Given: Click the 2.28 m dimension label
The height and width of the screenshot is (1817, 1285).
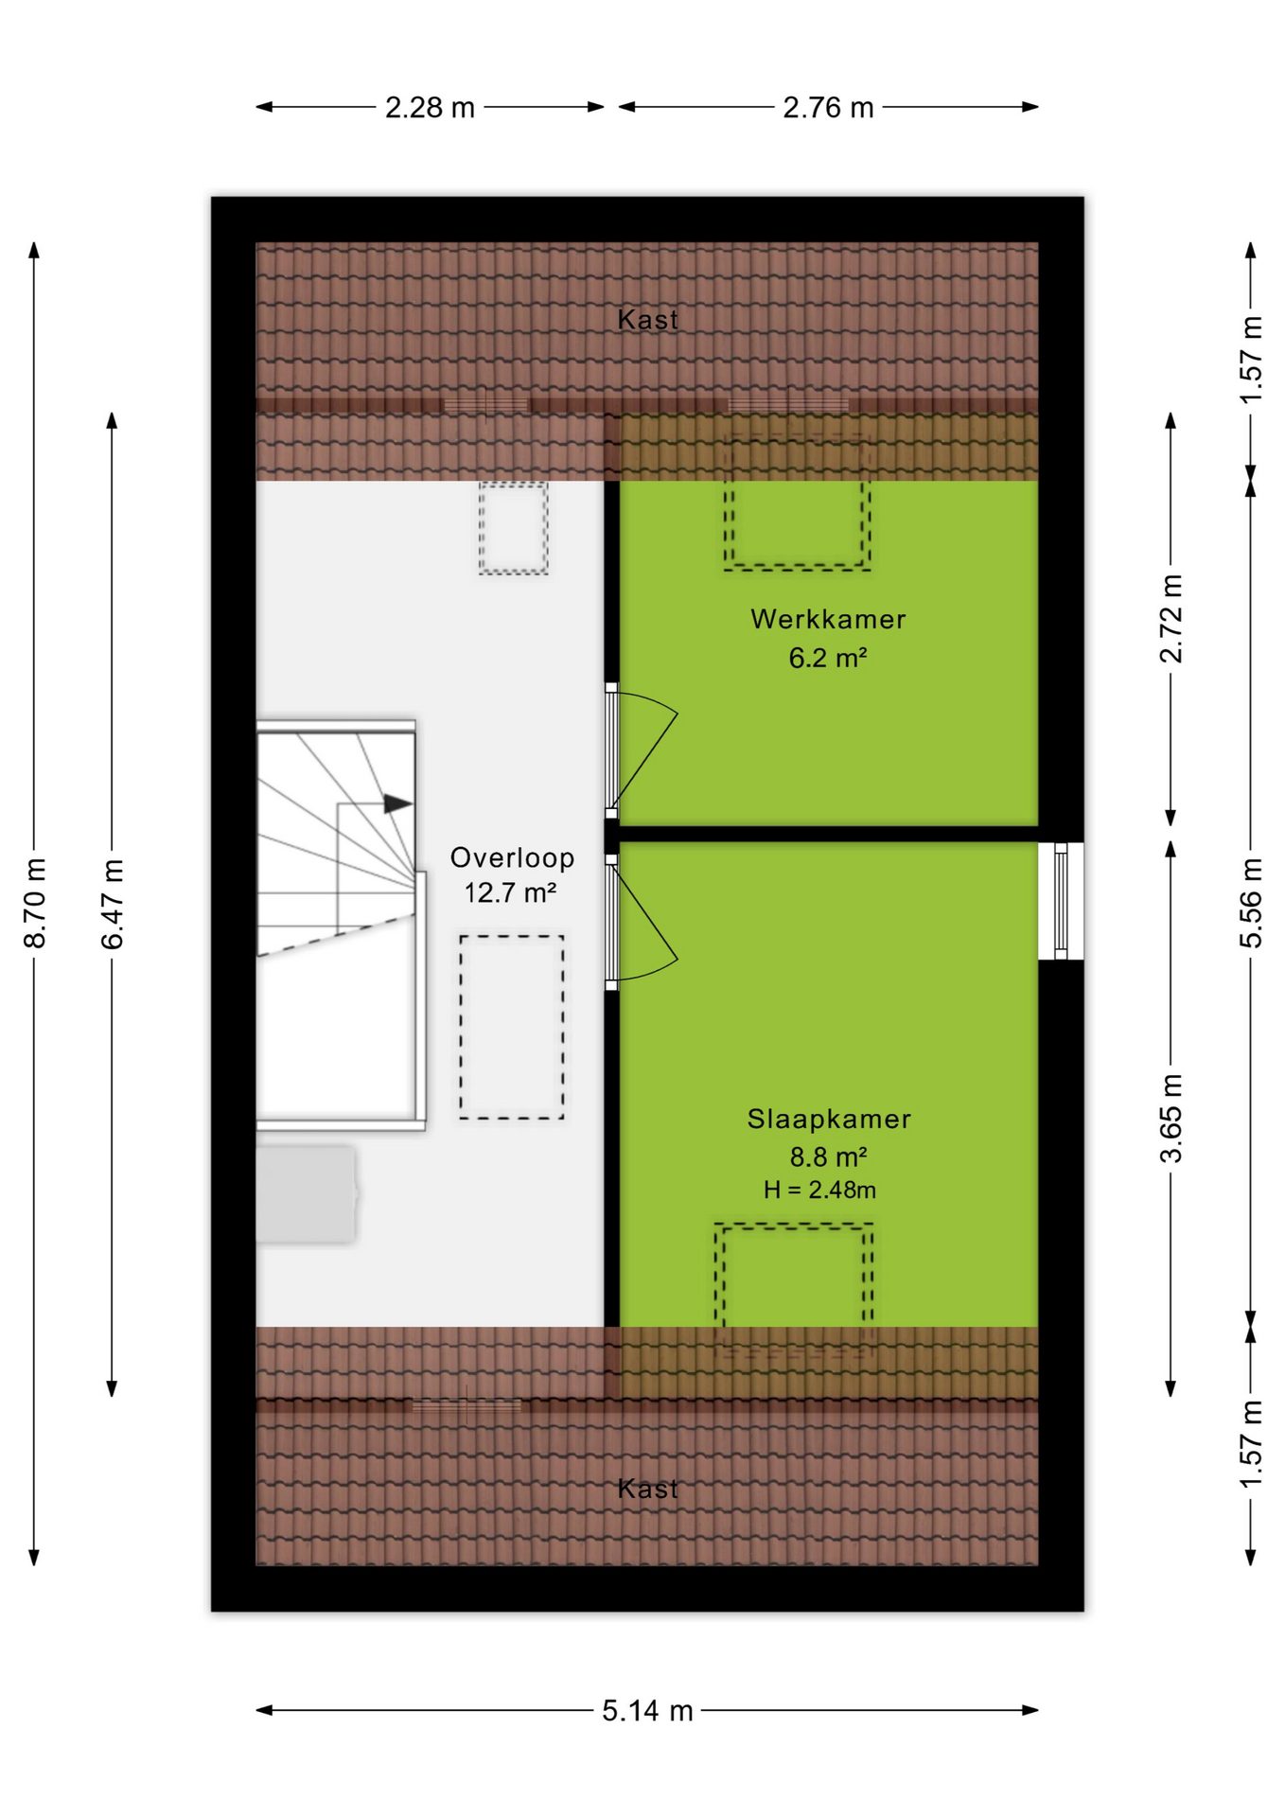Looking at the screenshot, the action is [x=430, y=108].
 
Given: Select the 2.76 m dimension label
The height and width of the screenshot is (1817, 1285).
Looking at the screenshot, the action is [x=828, y=108].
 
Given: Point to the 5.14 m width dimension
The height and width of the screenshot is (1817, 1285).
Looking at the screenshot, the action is [x=647, y=1711].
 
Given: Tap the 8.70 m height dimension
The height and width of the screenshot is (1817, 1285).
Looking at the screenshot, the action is [x=35, y=903].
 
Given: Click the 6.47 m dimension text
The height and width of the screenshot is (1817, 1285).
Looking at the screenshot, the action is [x=113, y=904].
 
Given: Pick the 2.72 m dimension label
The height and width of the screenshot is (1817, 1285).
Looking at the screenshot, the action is [x=1171, y=619].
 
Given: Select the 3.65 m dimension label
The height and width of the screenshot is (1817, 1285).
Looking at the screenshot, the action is [x=1171, y=1119].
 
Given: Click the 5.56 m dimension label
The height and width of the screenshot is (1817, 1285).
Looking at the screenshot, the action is [x=1251, y=903].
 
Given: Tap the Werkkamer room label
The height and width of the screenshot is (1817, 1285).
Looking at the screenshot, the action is [x=828, y=619].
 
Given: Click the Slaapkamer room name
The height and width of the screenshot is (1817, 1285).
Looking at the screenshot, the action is [x=829, y=1119].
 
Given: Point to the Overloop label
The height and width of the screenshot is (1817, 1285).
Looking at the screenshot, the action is [x=512, y=857].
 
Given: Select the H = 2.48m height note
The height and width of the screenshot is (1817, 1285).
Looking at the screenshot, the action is [x=819, y=1190].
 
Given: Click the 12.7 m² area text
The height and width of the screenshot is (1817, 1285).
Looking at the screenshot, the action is [x=510, y=892].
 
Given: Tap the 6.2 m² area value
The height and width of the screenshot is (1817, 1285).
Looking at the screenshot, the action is [x=828, y=657].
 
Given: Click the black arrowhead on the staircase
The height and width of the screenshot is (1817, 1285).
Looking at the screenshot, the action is [x=397, y=804].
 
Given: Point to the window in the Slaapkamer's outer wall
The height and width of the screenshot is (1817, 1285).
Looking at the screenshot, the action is [x=1061, y=900].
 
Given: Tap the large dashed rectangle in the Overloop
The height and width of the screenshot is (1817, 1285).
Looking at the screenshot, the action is [x=512, y=1028].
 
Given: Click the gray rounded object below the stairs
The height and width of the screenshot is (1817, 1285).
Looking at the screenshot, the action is [x=307, y=1194].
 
